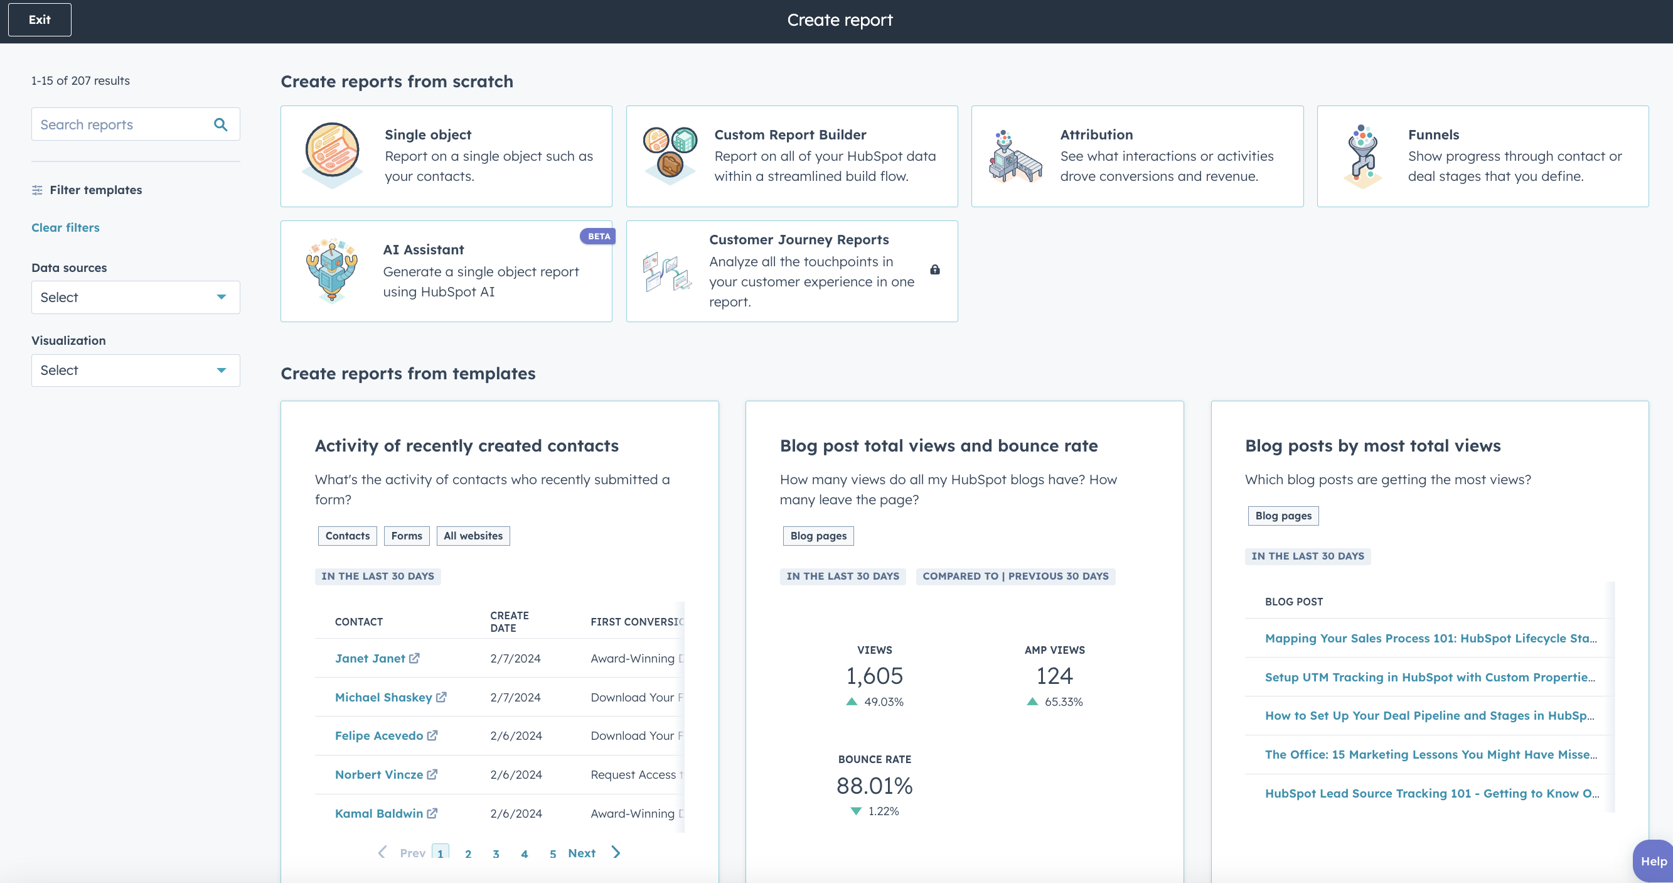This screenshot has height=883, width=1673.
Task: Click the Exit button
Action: click(40, 19)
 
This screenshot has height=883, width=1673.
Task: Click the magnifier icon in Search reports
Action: click(221, 124)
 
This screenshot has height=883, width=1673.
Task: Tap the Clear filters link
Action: click(66, 227)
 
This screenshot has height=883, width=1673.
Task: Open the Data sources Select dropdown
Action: click(135, 297)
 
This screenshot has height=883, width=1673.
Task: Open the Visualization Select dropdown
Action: click(135, 371)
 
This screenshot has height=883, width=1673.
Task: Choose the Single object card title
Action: click(428, 134)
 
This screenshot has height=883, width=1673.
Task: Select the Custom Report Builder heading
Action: click(789, 134)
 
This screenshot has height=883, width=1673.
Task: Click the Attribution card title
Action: click(1096, 134)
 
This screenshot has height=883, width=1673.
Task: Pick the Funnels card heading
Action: click(1433, 134)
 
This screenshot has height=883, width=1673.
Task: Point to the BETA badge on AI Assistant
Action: click(598, 236)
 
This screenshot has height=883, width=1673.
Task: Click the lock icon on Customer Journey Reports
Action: click(934, 269)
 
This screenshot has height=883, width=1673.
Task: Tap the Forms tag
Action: click(407, 535)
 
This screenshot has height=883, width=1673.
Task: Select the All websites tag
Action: click(473, 535)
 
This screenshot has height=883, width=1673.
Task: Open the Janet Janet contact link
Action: click(370, 658)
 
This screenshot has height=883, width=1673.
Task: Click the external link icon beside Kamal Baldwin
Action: click(432, 813)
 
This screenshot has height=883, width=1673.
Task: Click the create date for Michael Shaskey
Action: click(515, 697)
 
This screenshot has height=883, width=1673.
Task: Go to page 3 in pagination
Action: click(496, 853)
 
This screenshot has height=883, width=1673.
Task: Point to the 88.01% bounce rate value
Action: click(874, 786)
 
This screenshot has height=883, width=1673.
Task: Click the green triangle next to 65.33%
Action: click(1032, 702)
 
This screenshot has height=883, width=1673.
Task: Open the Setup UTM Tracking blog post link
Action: click(1430, 677)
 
